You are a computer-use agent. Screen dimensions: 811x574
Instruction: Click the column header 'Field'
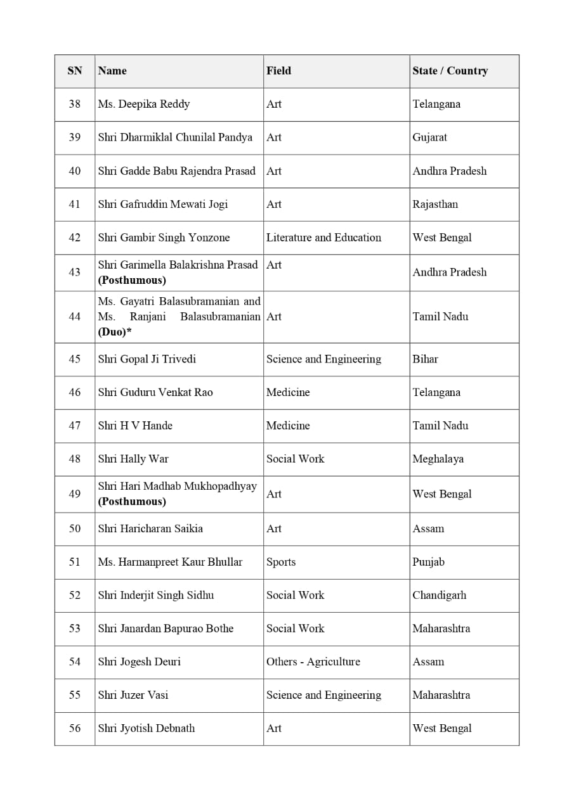pyautogui.click(x=278, y=71)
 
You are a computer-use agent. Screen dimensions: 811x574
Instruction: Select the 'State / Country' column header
pyautogui.click(x=450, y=71)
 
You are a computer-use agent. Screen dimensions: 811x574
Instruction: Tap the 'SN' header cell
pyautogui.click(x=75, y=71)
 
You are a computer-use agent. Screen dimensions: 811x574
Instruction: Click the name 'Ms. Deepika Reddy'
pyautogui.click(x=144, y=104)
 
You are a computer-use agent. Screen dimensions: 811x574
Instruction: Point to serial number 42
pyautogui.click(x=75, y=238)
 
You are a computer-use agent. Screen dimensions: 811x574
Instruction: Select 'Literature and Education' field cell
pyautogui.click(x=323, y=238)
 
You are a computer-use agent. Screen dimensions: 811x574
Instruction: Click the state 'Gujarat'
pyautogui.click(x=429, y=137)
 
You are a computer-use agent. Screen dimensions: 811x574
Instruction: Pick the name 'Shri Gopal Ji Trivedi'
pyautogui.click(x=147, y=359)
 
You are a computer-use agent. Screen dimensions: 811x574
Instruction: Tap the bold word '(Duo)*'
pyautogui.click(x=115, y=331)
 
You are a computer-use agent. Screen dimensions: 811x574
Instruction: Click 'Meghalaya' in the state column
pyautogui.click(x=438, y=459)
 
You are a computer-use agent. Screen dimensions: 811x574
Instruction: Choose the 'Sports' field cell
pyautogui.click(x=281, y=562)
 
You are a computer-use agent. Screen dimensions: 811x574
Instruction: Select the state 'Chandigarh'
pyautogui.click(x=439, y=595)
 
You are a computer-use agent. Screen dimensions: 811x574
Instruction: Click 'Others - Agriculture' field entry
pyautogui.click(x=313, y=661)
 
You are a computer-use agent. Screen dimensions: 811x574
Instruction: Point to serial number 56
pyautogui.click(x=75, y=729)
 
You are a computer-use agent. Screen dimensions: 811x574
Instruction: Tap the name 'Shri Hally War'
pyautogui.click(x=133, y=459)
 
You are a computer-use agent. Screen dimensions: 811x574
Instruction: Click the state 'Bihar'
pyautogui.click(x=425, y=359)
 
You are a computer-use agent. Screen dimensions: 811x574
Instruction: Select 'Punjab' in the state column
pyautogui.click(x=428, y=562)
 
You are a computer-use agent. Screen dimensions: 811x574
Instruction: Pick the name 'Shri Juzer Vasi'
pyautogui.click(x=133, y=695)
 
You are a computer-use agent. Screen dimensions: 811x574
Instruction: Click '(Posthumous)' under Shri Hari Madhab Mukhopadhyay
pyautogui.click(x=132, y=501)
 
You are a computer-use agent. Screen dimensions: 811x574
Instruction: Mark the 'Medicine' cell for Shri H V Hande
pyautogui.click(x=288, y=426)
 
